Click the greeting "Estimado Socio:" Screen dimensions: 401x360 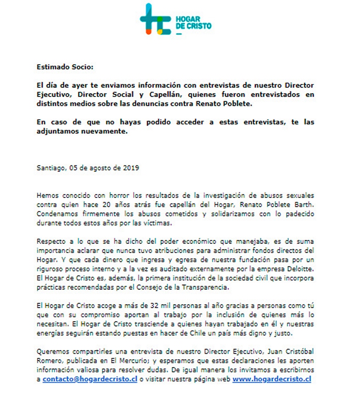[65, 67]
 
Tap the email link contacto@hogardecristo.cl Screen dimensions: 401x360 [90, 379]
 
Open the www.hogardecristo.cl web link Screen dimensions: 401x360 [272, 379]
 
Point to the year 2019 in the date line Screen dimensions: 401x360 [131, 168]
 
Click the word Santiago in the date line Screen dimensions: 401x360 [51, 168]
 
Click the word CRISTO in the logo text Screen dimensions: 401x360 [198, 27]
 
